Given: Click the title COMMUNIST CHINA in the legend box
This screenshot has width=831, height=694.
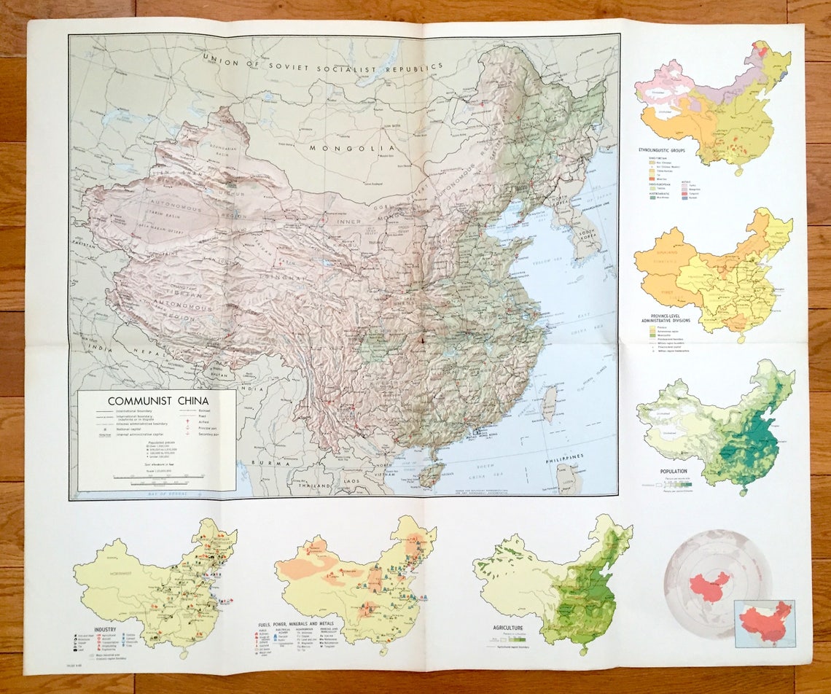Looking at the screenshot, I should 157,400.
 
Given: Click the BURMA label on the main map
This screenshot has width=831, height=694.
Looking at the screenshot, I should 265,461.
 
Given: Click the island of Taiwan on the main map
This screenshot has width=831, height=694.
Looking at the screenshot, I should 550,404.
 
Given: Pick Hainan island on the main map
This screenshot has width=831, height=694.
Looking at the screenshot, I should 432,475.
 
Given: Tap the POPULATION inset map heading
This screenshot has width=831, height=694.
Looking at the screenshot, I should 674,472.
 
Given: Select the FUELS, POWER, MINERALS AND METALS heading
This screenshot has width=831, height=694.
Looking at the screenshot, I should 305,625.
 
